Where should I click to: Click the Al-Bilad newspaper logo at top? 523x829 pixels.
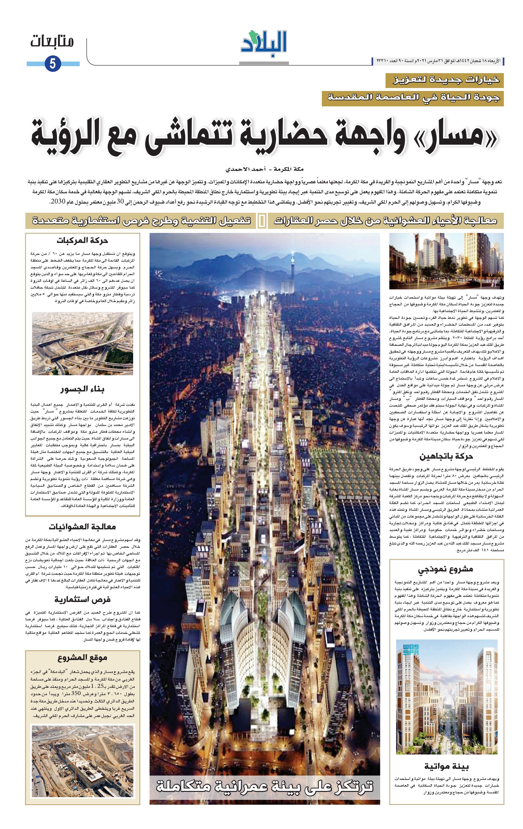[x=264, y=43]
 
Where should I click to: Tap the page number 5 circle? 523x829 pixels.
[x=53, y=64]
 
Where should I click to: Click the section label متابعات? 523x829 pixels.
[x=52, y=42]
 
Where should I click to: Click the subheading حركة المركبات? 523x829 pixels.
[x=83, y=240]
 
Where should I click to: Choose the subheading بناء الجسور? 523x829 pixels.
[x=83, y=389]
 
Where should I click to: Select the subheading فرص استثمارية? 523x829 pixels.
[x=83, y=599]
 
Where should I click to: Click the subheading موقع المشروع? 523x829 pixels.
[x=83, y=657]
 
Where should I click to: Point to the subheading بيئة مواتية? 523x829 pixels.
[x=447, y=766]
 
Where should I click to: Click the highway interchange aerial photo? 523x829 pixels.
[x=83, y=343]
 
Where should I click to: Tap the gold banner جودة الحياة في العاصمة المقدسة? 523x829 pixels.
[x=413, y=99]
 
